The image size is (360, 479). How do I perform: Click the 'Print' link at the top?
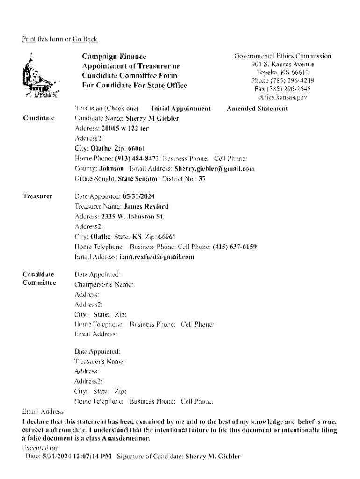point(28,39)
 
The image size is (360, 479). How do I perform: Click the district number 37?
point(202,179)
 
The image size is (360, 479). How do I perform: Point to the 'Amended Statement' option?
point(257,109)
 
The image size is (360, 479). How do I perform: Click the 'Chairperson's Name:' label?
point(104,284)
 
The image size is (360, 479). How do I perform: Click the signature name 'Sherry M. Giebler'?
point(213,456)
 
